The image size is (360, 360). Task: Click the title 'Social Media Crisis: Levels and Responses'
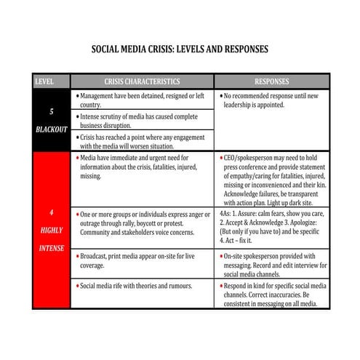(x=180, y=49)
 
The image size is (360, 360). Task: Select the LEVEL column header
(x=45, y=81)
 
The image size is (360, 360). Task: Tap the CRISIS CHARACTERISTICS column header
(x=142, y=81)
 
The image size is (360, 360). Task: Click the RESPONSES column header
(x=271, y=81)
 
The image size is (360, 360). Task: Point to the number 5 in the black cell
(x=51, y=113)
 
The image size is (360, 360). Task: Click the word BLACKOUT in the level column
(x=51, y=129)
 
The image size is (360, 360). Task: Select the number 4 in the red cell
(x=51, y=213)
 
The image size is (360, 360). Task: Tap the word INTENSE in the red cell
(x=51, y=248)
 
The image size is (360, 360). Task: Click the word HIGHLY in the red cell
(x=51, y=231)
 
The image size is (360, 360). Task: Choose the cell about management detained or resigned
(x=142, y=100)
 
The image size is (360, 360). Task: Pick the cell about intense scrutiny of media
(x=142, y=120)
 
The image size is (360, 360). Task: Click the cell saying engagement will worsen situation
(x=142, y=140)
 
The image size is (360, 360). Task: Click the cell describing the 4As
(x=273, y=227)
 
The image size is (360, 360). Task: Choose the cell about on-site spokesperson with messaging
(x=273, y=264)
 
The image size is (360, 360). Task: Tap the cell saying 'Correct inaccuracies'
(x=273, y=295)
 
